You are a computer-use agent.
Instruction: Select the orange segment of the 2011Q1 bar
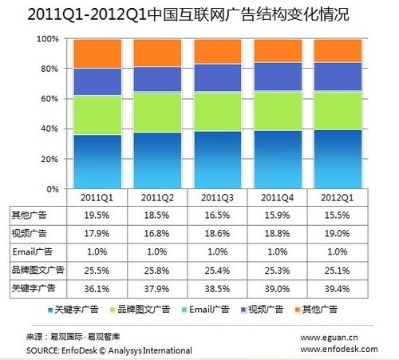[x=97, y=53]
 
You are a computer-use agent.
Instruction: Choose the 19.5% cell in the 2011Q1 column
[x=97, y=216]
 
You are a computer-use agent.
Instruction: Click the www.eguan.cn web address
[x=328, y=338]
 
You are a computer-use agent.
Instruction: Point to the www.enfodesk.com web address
[x=333, y=350]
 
